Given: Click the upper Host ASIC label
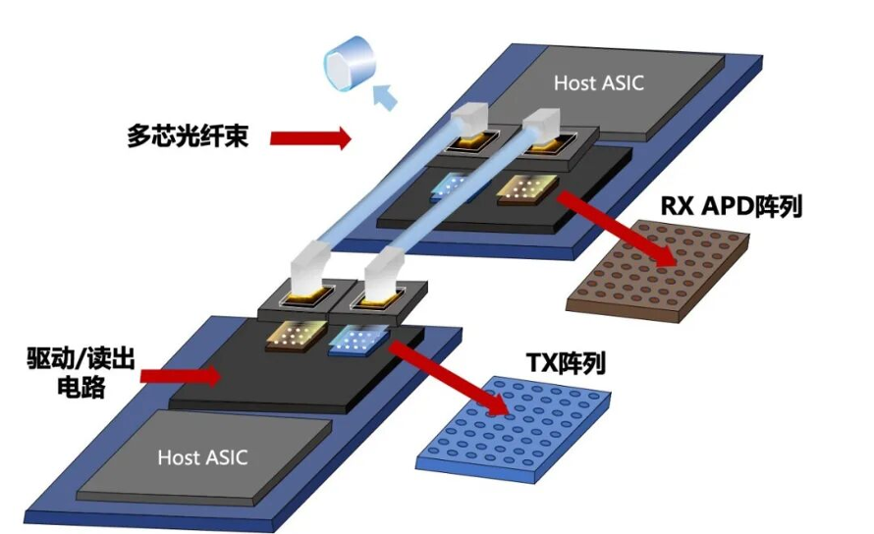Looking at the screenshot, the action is (599, 83).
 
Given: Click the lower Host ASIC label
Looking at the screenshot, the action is (202, 457).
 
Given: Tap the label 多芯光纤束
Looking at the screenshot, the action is (188, 135).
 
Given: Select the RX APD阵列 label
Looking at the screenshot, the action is (731, 206).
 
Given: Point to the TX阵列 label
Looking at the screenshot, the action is (566, 363).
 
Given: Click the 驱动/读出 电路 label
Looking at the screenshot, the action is (81, 372).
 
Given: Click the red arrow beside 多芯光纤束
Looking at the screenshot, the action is (310, 137).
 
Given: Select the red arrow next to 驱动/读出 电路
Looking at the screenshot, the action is (181, 376).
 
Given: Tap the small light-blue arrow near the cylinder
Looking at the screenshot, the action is (385, 96).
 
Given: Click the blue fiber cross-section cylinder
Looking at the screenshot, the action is (350, 64).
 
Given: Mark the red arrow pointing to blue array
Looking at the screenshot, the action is (449, 378).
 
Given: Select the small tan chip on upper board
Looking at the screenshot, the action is (526, 189).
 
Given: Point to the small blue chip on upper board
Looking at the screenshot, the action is (457, 187).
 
